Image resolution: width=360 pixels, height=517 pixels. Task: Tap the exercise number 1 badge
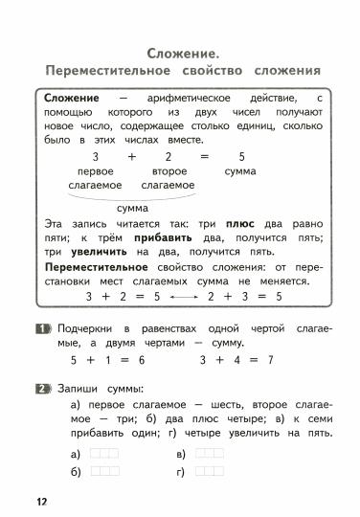42,329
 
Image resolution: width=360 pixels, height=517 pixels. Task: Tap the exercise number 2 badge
42,388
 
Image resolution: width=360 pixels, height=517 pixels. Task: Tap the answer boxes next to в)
209,452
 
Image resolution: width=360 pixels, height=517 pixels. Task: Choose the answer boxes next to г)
209,471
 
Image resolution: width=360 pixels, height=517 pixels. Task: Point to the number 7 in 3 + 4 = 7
270,360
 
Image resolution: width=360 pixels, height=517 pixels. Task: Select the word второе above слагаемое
169,170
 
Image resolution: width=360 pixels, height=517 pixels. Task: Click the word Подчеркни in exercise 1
84,329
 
